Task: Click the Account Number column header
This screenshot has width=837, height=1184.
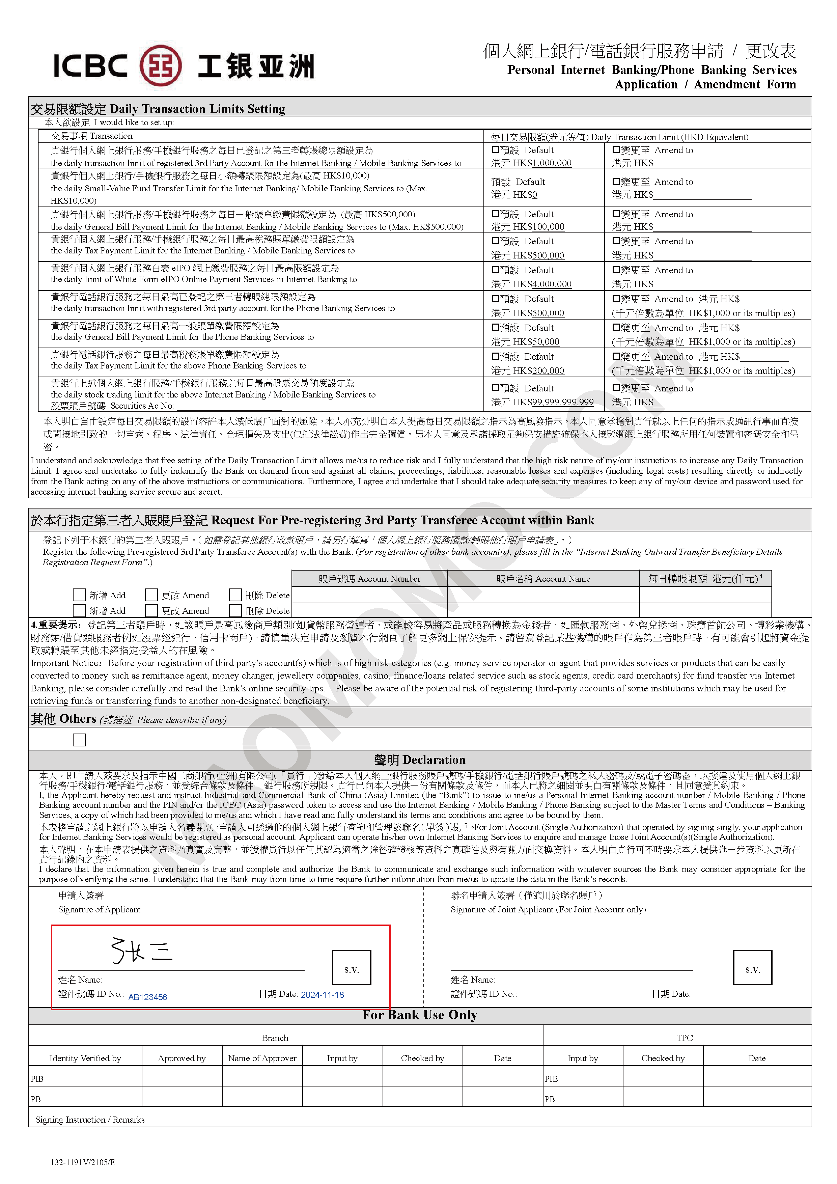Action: [x=369, y=579]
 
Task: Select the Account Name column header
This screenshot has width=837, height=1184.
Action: [x=543, y=579]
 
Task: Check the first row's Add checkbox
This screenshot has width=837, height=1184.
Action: [x=79, y=595]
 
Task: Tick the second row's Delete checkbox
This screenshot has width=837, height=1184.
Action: [x=235, y=611]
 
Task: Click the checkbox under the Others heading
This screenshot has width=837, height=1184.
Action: [x=79, y=740]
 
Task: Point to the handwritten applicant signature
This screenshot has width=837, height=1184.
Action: [x=142, y=951]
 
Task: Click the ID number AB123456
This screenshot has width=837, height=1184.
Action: [x=147, y=997]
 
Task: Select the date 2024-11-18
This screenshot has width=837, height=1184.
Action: [x=322, y=995]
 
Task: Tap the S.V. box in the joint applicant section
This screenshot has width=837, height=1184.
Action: [x=752, y=968]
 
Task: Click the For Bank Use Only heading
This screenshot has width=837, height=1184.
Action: [x=419, y=1015]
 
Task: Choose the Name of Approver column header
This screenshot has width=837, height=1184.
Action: [x=262, y=1058]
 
